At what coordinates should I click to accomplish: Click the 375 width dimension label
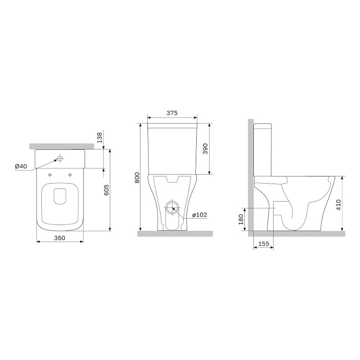(172, 113)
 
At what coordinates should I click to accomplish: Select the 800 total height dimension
(137, 177)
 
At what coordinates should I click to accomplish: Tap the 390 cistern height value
(205, 149)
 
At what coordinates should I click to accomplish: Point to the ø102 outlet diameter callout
(200, 215)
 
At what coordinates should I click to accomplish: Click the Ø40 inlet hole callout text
(21, 166)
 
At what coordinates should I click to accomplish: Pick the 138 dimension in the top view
(99, 138)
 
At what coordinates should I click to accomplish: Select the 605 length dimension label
(107, 190)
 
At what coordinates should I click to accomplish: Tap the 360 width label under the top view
(59, 238)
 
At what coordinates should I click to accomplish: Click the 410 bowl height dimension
(338, 205)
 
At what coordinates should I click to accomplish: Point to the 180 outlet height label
(241, 219)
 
